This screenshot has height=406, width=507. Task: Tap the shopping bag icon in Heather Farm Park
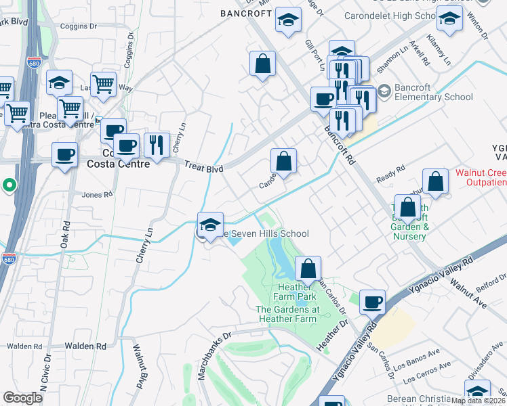[x=308, y=269]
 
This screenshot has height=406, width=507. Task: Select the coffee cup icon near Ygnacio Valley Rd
[x=371, y=302]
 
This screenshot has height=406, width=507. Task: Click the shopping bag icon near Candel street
[x=284, y=161]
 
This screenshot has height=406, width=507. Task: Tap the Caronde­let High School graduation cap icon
[x=449, y=20]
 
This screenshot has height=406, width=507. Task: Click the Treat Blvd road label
[x=203, y=166]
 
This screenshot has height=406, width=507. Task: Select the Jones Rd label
[x=97, y=195]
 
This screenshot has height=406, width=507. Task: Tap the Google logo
[x=23, y=398]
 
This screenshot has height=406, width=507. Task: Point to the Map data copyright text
[x=478, y=401]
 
